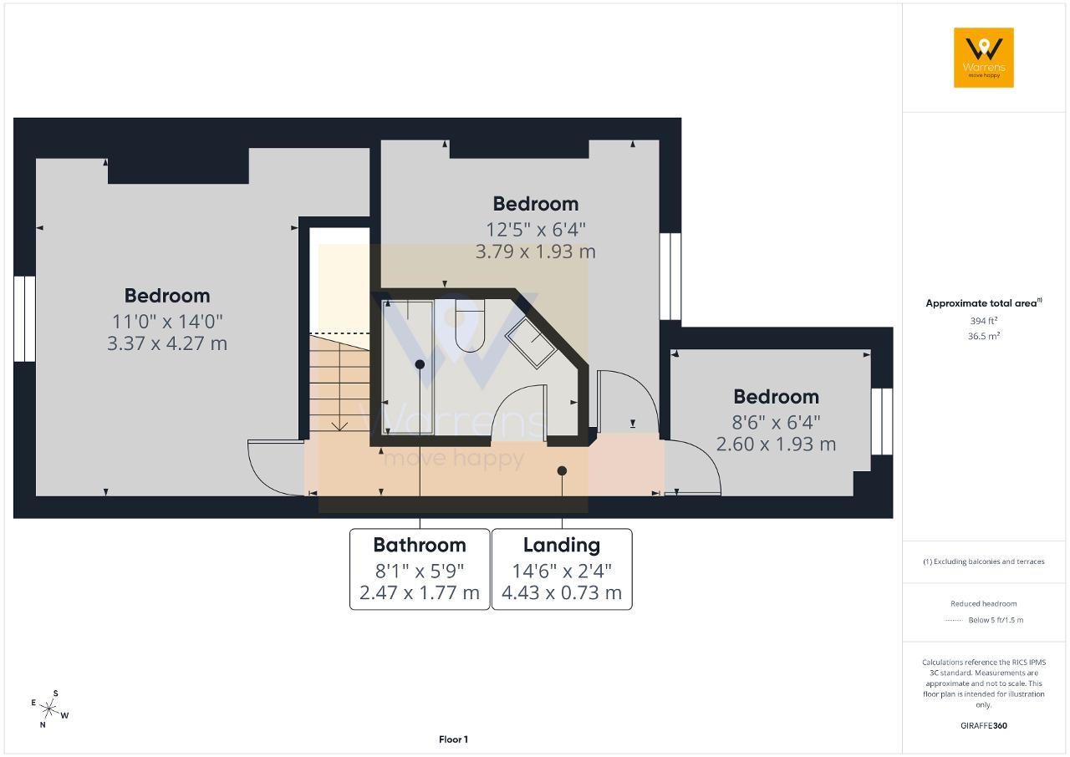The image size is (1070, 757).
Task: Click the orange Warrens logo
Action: [984, 58]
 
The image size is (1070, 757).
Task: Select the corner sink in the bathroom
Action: [531, 343]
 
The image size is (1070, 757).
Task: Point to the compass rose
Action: [49, 709]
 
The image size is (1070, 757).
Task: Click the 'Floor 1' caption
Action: [453, 739]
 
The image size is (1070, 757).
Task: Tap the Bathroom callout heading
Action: [420, 545]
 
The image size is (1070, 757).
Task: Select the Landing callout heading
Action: [562, 545]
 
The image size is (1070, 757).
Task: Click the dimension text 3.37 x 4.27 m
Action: [167, 343]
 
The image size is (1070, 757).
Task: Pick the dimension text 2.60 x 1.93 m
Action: [777, 445]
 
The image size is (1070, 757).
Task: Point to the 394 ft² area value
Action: [984, 321]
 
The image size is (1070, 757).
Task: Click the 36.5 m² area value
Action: [984, 336]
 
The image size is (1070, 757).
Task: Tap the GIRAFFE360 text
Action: [984, 725]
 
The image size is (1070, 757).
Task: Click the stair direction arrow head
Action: [339, 426]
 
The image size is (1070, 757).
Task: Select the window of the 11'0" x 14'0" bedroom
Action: [24, 319]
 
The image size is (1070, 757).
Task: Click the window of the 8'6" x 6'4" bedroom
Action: [882, 421]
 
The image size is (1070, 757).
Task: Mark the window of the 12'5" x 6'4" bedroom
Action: [670, 276]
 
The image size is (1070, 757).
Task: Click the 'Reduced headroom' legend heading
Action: [984, 604]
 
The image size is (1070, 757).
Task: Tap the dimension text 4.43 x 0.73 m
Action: [562, 592]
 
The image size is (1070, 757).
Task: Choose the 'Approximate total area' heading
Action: [981, 303]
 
